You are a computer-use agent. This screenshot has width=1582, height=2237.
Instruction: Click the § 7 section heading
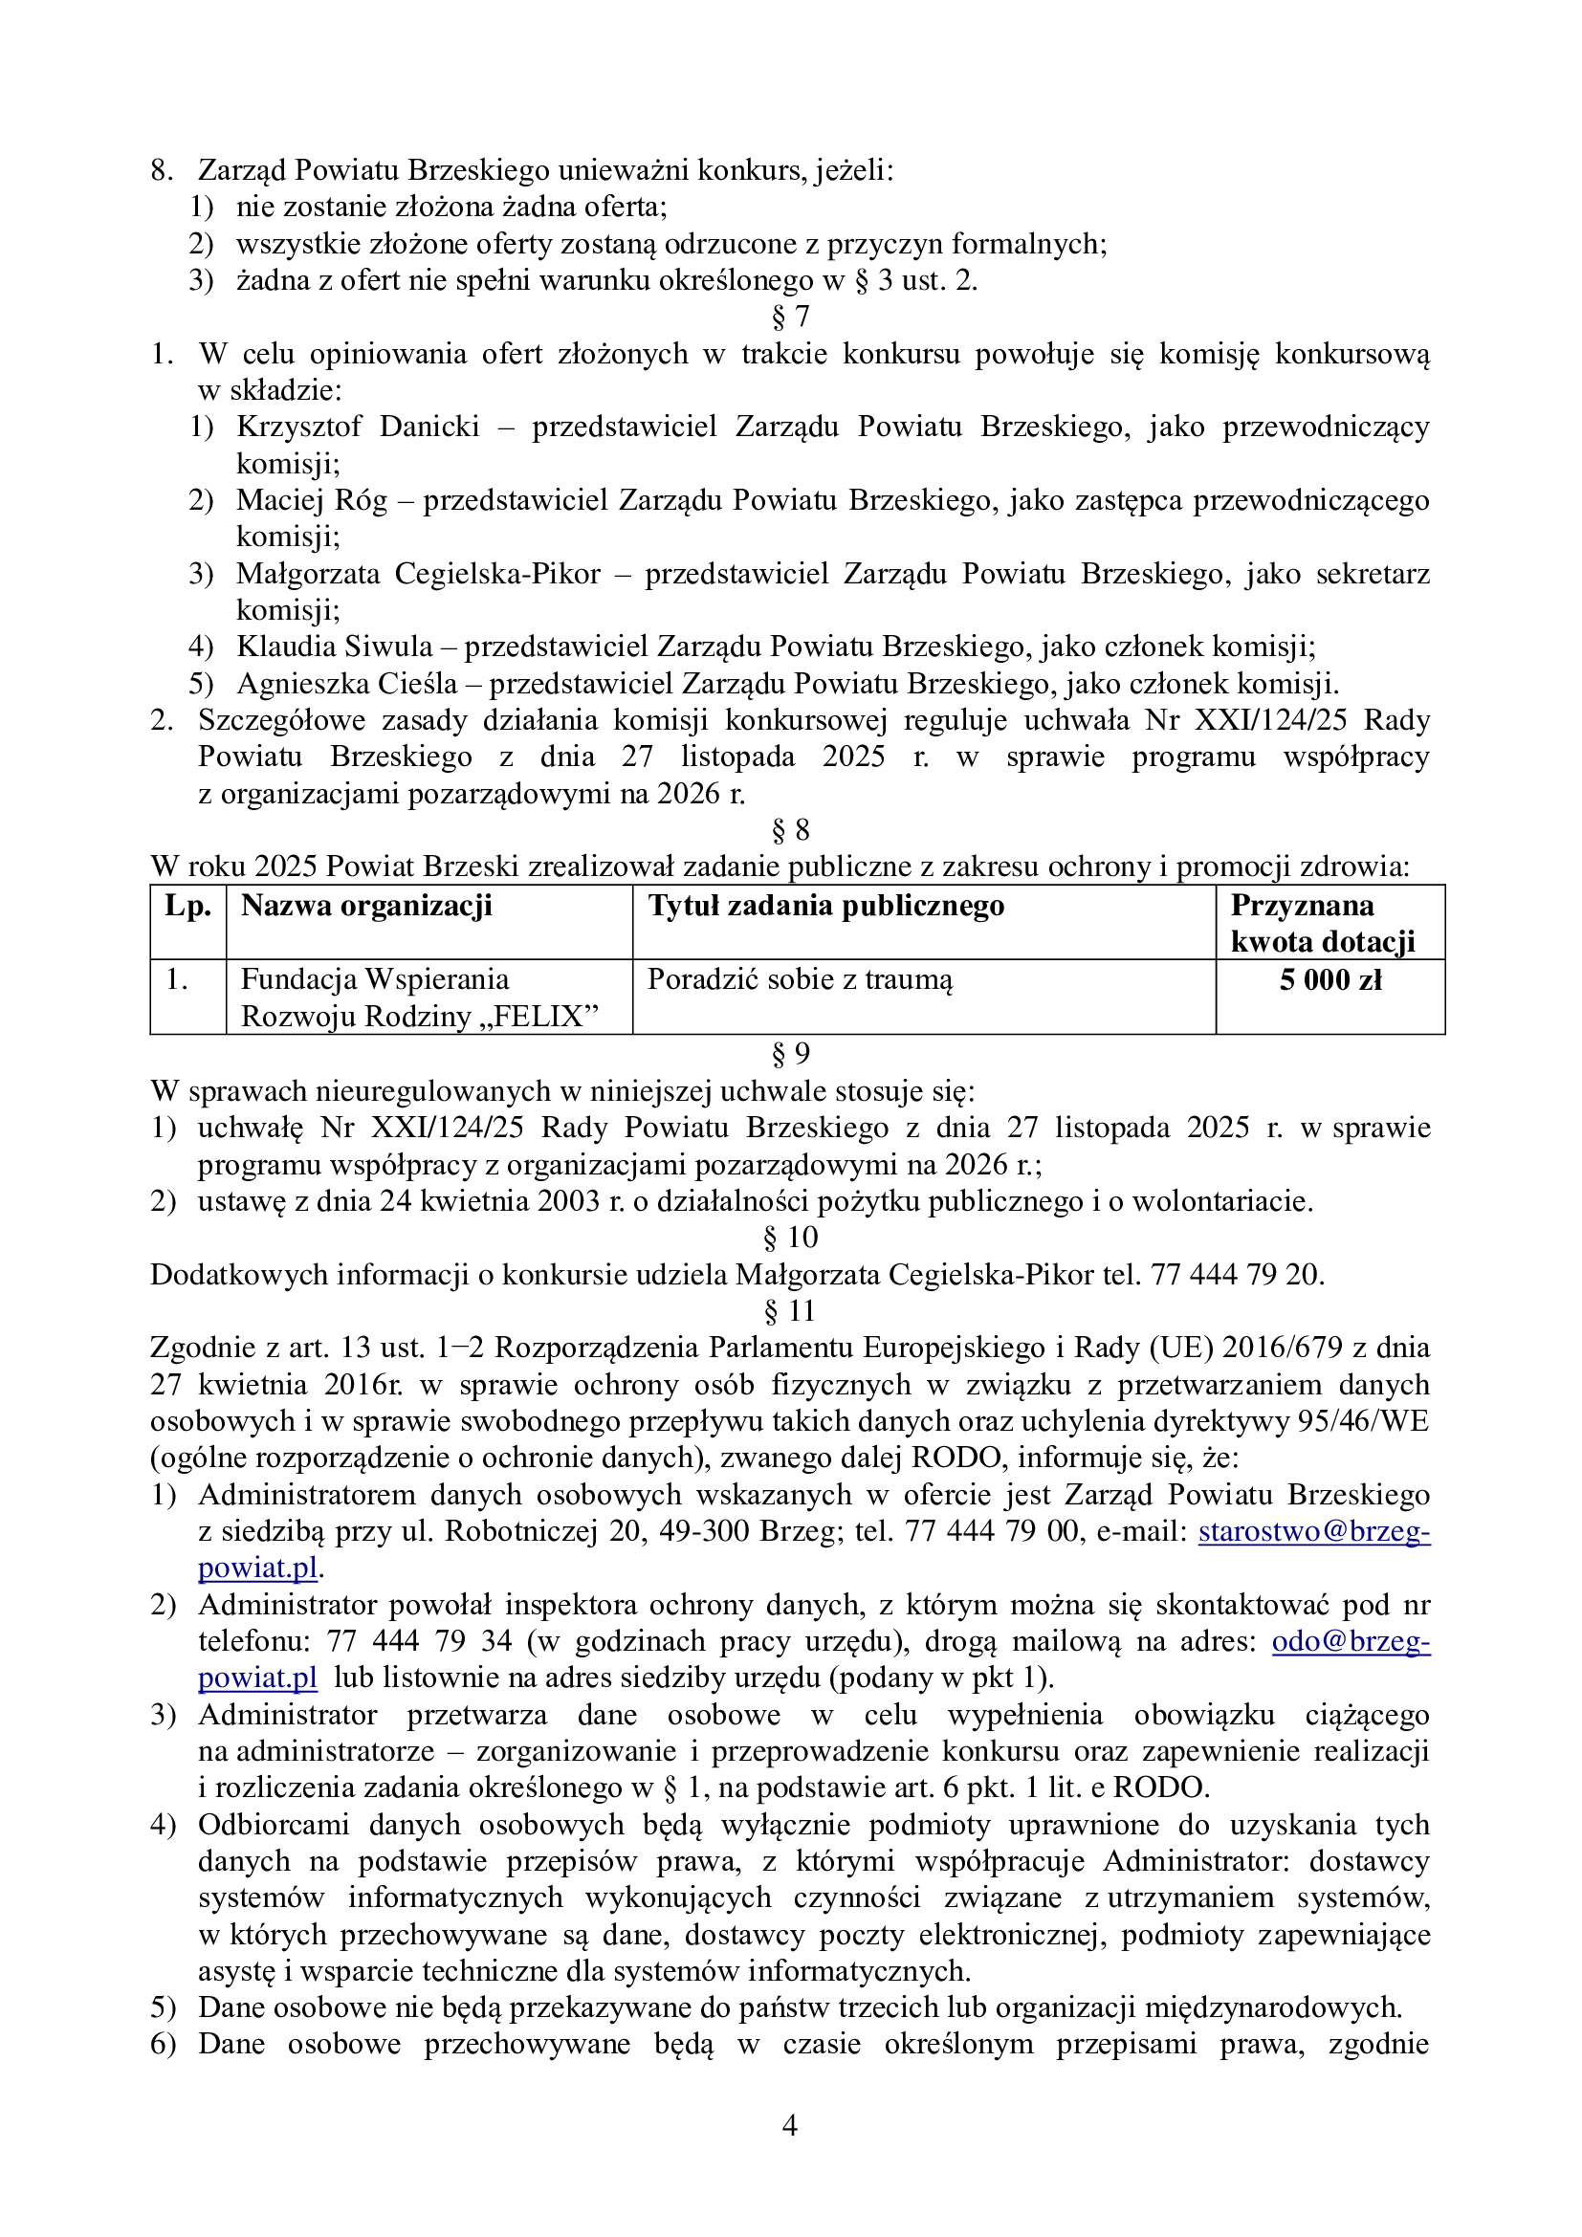pos(790,317)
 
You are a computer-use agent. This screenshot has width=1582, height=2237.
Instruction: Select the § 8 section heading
pos(790,830)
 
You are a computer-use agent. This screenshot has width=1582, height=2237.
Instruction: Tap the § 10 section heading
pos(790,1238)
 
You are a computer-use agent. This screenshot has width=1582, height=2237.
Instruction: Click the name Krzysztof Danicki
pos(358,427)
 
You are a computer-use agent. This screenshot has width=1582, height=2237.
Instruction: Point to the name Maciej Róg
pos(311,500)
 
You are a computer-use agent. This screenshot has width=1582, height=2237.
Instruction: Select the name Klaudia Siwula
pos(334,646)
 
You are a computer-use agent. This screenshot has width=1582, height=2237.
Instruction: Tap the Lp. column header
pos(187,906)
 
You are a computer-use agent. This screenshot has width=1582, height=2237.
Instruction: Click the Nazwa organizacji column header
pos(366,906)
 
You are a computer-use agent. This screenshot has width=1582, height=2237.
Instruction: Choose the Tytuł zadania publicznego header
pos(826,906)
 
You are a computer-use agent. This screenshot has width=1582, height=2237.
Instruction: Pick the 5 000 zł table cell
pos(1329,980)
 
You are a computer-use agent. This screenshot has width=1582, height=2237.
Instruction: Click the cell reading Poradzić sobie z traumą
pos(800,979)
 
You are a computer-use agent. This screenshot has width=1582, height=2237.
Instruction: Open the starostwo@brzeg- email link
pos(1313,1531)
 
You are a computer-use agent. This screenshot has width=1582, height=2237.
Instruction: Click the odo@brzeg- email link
pos(1351,1642)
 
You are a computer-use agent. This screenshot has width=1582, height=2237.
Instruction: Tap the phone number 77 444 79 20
pos(1237,1274)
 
